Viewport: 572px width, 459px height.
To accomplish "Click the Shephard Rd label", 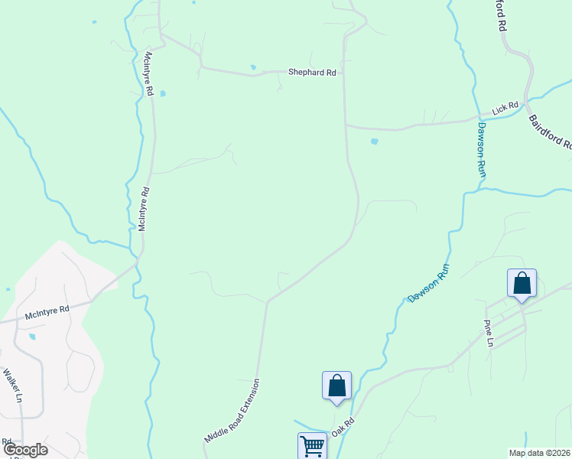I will [312, 73].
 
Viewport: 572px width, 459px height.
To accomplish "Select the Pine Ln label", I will [487, 334].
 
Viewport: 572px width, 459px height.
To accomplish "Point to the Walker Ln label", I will [13, 386].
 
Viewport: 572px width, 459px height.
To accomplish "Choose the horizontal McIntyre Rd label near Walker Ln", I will [47, 311].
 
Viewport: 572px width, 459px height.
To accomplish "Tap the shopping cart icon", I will [312, 446].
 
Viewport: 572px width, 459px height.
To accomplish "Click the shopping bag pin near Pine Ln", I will [522, 284].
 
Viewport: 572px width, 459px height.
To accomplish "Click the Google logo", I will [24, 450].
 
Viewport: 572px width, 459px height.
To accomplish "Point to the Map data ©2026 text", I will [540, 453].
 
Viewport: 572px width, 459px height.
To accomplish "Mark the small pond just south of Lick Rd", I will [374, 142].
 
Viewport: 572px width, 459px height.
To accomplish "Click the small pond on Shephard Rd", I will [253, 67].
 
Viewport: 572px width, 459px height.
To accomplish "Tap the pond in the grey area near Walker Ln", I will [31, 337].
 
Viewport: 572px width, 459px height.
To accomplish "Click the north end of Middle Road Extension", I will [266, 302].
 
